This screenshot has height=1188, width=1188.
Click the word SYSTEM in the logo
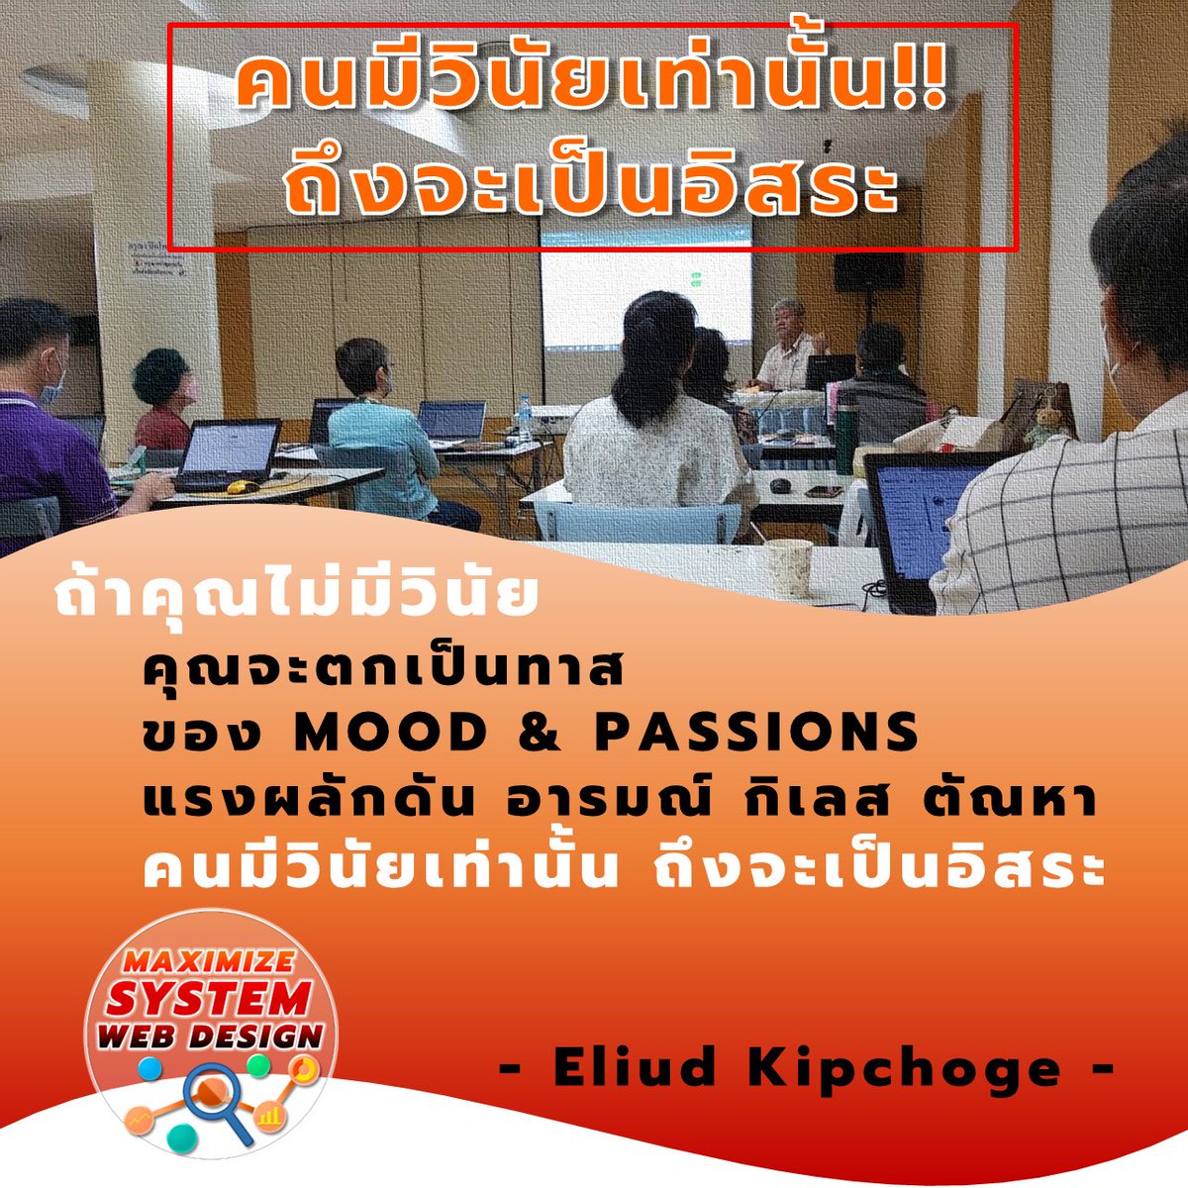209,999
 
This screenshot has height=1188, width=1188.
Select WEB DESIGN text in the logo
209,1038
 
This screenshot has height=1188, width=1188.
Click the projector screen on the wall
645,297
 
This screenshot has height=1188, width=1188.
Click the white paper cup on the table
789,566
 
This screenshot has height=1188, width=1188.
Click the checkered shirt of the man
1069,525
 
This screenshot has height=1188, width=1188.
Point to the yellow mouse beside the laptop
237,487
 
